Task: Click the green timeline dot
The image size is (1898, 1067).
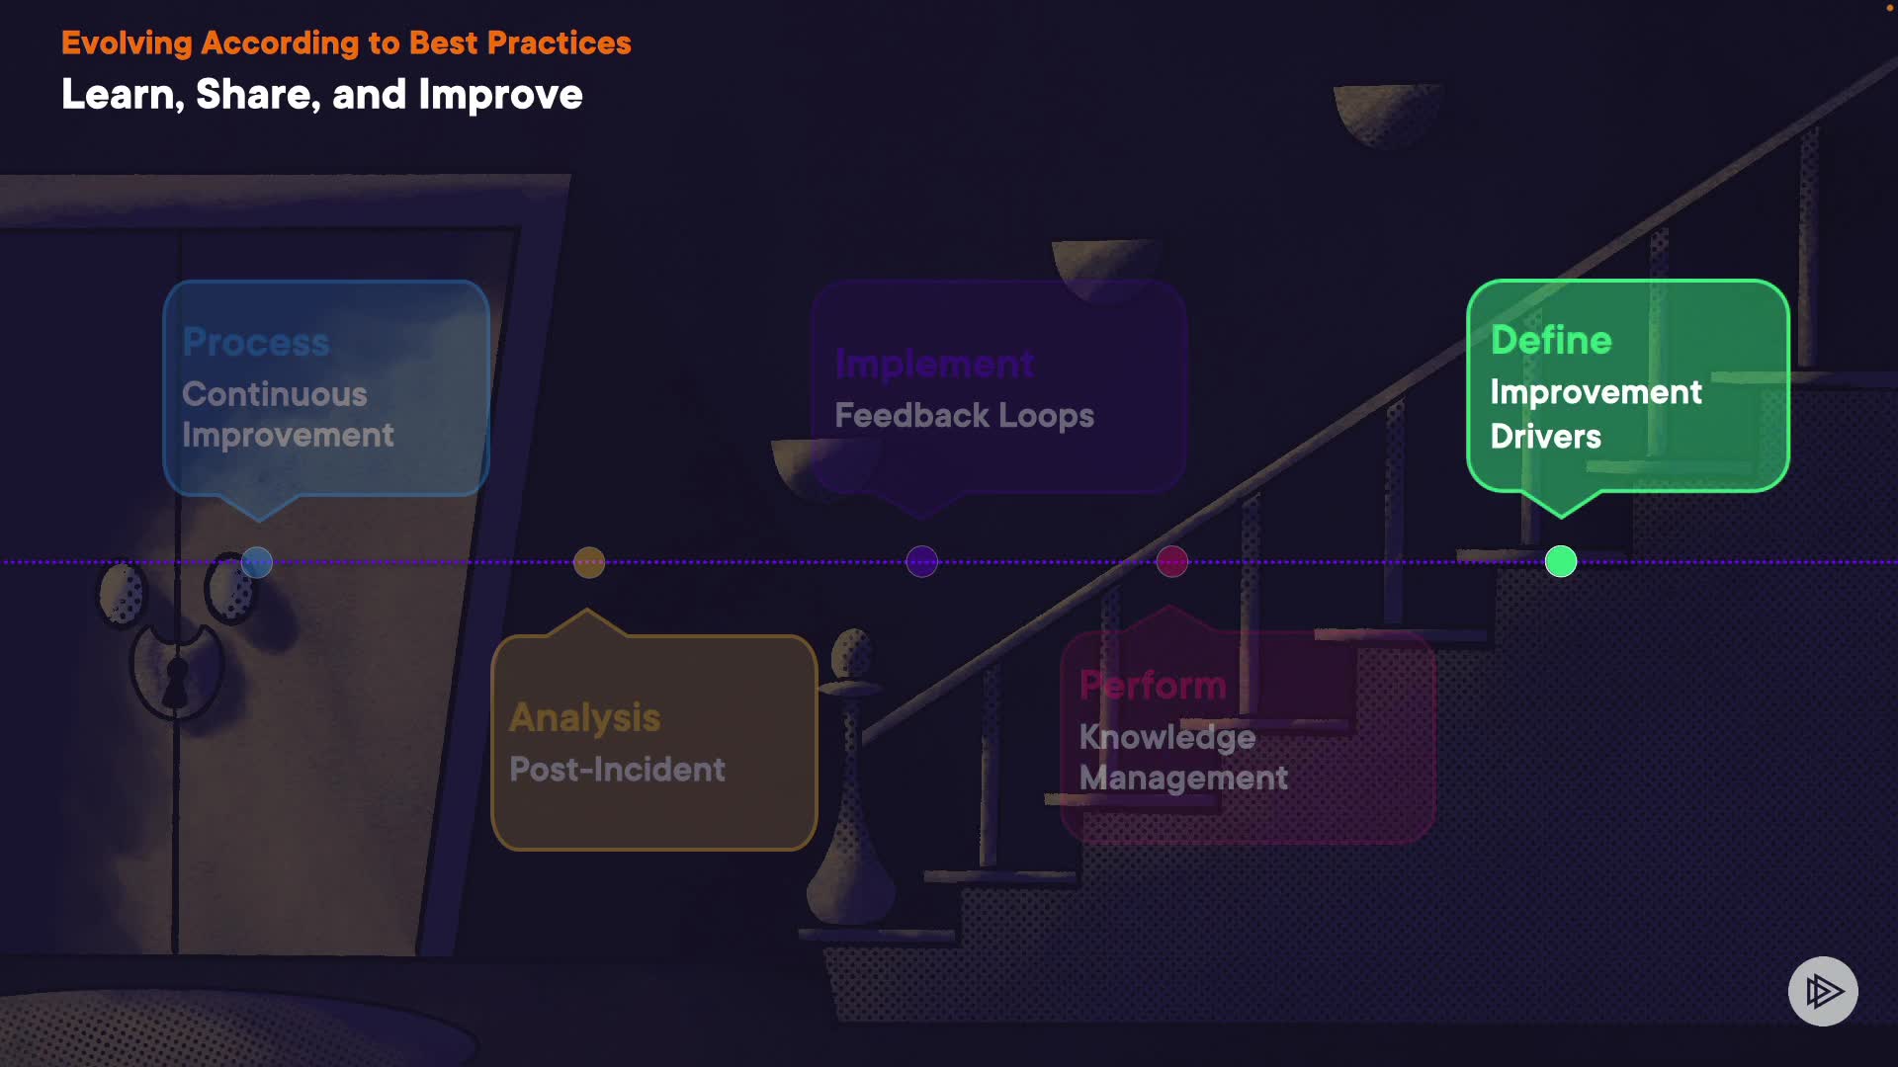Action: [x=1560, y=561]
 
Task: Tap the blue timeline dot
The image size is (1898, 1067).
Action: [x=257, y=562]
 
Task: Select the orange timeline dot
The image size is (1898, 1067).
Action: [x=589, y=562]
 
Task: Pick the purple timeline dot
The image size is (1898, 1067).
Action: [x=921, y=561]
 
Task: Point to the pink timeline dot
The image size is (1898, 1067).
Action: [x=1172, y=561]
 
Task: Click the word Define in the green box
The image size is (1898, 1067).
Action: [x=1551, y=340]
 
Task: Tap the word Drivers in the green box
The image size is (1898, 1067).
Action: [x=1545, y=437]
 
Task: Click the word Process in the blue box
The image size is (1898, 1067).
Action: [x=256, y=342]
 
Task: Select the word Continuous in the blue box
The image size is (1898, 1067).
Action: [x=275, y=394]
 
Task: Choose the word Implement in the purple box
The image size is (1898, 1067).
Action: [x=934, y=364]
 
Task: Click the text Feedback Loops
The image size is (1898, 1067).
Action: [x=964, y=415]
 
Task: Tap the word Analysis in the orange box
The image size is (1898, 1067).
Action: [x=584, y=718]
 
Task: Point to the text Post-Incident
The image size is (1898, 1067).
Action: [x=617, y=770]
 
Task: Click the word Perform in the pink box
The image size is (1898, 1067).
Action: [x=1153, y=685]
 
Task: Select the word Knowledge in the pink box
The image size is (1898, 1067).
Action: [x=1166, y=737]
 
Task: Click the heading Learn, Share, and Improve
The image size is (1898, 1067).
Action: [x=322, y=95]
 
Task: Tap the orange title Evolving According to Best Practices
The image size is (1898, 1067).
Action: [x=346, y=43]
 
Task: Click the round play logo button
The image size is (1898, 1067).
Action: [x=1823, y=991]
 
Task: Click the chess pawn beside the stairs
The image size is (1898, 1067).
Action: [x=851, y=780]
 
